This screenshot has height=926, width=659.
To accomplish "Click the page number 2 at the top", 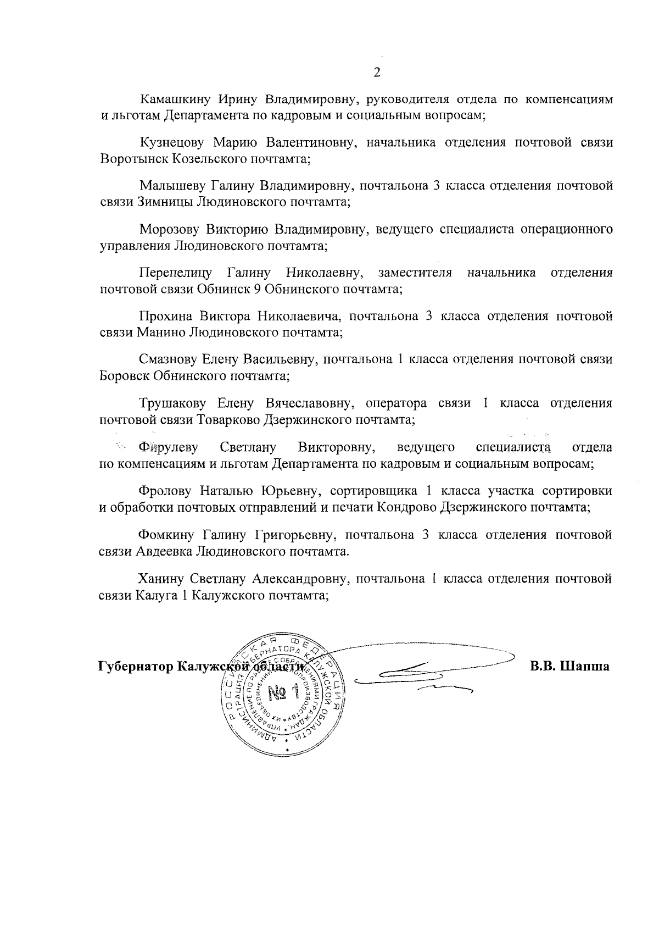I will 376,72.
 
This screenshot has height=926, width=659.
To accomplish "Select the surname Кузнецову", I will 172,143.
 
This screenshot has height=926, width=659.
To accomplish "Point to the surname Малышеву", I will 173,186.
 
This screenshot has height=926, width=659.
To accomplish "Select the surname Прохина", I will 166,316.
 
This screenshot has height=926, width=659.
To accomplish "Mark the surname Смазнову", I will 170,359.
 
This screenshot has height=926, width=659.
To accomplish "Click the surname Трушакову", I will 172,403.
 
